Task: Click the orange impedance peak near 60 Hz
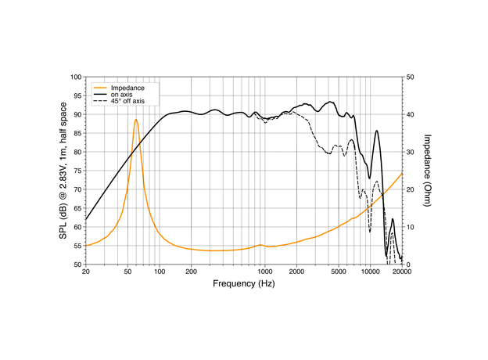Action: pos(135,120)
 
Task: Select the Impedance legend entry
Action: pos(126,88)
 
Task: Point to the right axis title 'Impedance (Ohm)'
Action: pos(428,170)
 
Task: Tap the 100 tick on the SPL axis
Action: pos(76,77)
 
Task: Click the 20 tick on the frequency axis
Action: pos(86,272)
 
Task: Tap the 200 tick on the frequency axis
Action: pos(192,272)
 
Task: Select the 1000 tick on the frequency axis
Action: pos(265,272)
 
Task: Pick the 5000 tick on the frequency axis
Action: pos(339,272)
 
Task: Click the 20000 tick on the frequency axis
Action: pos(402,272)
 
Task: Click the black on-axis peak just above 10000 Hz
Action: pos(377,131)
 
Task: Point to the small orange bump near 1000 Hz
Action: pos(260,245)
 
